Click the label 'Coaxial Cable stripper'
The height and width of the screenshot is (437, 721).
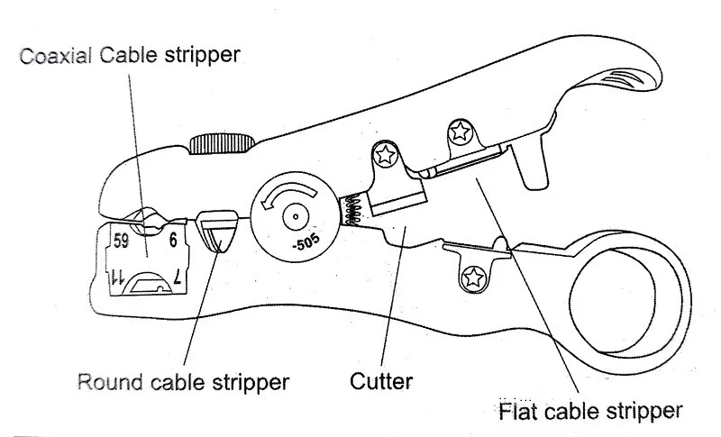(132, 54)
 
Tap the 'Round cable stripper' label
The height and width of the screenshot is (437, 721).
(183, 381)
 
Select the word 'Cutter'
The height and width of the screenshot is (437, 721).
(381, 381)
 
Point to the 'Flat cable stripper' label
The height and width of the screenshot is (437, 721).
(589, 412)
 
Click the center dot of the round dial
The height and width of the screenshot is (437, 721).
(295, 217)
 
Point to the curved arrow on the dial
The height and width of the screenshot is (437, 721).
(289, 194)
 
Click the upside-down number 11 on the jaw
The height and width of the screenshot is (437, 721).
(116, 278)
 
